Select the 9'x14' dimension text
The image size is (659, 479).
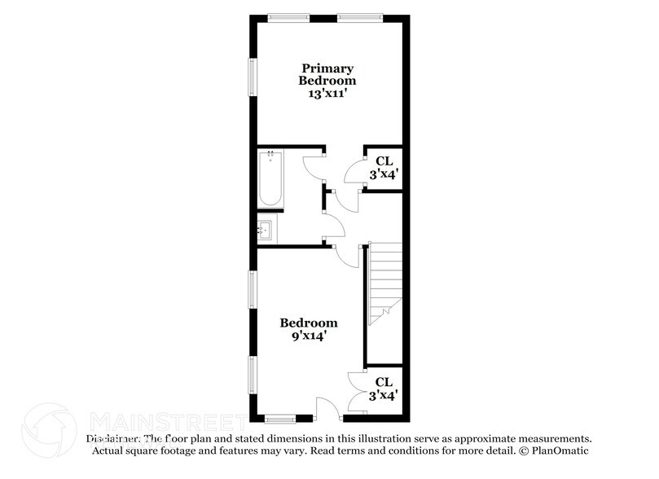click(309, 335)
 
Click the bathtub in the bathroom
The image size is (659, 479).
click(270, 179)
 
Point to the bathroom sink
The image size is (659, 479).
click(266, 231)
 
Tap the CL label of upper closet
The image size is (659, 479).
click(384, 161)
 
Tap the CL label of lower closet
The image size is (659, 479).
click(384, 382)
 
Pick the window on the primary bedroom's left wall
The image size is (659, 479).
click(253, 79)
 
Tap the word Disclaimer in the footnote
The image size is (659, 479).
click(113, 438)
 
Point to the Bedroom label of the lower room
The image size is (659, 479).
click(309, 323)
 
